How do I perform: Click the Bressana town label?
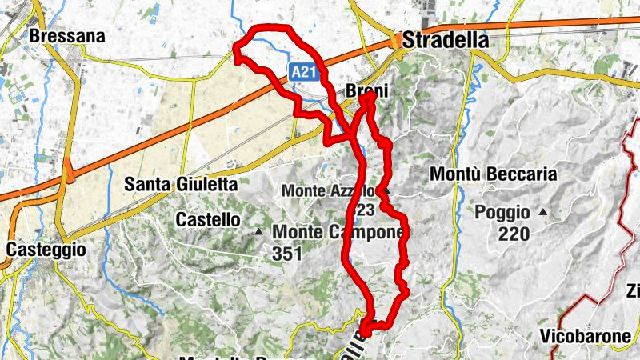(56, 36)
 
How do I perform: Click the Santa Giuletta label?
(181, 184)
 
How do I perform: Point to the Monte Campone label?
(338, 232)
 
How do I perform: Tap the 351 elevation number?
(286, 254)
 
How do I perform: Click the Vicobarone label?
(586, 336)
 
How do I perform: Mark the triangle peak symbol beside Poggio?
(544, 212)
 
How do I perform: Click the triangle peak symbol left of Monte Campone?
(258, 232)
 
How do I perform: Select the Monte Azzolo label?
(328, 191)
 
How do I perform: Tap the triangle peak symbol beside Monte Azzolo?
(386, 191)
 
